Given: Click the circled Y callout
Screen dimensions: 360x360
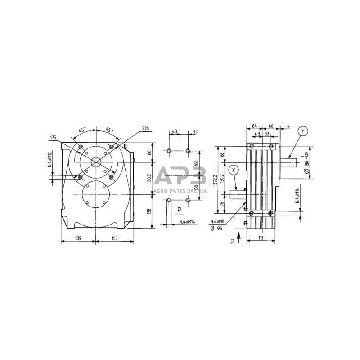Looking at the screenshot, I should click(303, 131).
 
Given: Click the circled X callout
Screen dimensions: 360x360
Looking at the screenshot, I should click(233, 170).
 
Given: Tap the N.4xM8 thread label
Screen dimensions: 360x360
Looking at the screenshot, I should click(219, 221).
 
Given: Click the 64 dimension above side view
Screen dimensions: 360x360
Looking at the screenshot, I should click(254, 125).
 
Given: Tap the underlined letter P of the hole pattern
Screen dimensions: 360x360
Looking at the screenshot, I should click(179, 210).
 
